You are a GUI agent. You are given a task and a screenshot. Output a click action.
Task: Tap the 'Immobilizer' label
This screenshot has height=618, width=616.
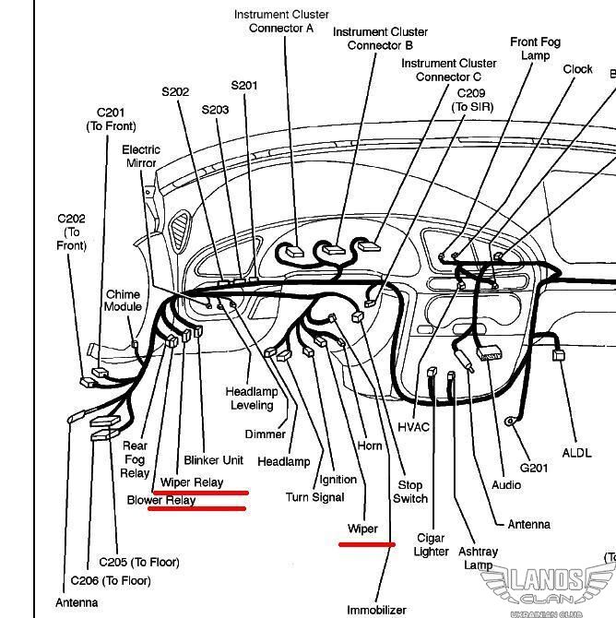tap(376, 610)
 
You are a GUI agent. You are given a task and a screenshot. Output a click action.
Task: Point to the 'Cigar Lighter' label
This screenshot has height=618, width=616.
tap(431, 544)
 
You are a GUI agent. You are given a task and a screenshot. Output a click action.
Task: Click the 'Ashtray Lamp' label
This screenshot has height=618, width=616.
tap(478, 558)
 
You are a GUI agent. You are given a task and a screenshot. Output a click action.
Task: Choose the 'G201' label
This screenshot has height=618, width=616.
tap(534, 468)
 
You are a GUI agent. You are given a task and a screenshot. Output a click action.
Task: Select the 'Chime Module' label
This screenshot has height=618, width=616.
tap(123, 301)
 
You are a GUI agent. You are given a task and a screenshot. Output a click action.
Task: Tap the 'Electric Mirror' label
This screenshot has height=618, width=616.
tap(141, 156)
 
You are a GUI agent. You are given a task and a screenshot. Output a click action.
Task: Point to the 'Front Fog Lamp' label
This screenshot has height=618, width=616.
tap(536, 49)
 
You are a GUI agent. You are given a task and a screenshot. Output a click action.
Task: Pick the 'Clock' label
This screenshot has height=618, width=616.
tap(578, 69)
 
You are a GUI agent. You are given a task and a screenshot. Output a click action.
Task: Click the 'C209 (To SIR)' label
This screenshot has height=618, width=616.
tap(471, 101)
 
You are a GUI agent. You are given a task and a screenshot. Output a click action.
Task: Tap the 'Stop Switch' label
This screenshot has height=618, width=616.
tap(410, 492)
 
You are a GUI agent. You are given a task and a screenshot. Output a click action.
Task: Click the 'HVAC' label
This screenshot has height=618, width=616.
tap(414, 427)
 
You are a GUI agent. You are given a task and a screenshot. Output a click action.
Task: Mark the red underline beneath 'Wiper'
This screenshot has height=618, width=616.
tap(367, 544)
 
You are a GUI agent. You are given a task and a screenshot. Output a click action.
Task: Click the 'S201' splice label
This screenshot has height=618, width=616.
tap(244, 86)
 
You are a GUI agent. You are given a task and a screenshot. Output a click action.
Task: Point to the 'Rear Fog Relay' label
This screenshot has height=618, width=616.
tap(135, 459)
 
